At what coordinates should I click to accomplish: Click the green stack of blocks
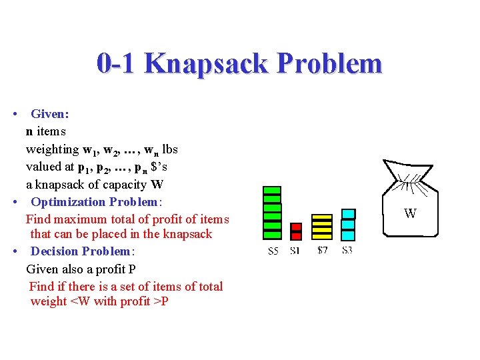[272, 213]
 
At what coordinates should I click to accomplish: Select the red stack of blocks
[296, 231]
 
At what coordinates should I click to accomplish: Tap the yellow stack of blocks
[322, 227]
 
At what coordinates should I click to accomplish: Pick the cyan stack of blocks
[348, 225]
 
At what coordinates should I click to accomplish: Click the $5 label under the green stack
[273, 251]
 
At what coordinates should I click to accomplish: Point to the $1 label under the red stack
[295, 251]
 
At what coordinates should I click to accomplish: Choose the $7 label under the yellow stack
[322, 251]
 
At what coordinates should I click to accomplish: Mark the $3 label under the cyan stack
[347, 251]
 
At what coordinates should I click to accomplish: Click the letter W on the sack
[411, 214]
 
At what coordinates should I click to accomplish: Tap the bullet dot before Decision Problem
[15, 251]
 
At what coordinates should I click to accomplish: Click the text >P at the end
[160, 301]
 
